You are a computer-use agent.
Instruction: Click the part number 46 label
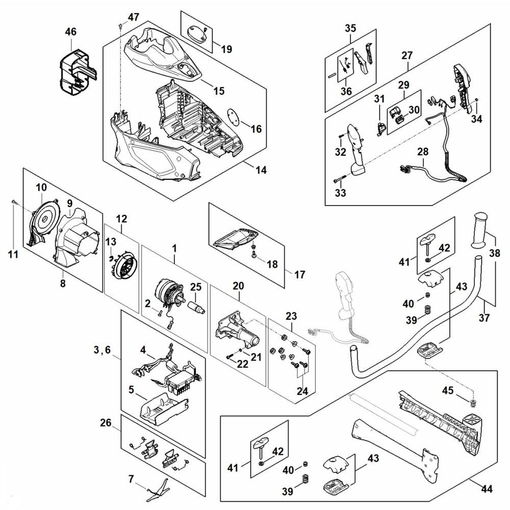(70, 32)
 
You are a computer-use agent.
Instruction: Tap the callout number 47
(133, 17)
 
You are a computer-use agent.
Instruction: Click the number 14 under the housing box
(261, 170)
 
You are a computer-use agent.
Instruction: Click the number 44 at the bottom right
(487, 489)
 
